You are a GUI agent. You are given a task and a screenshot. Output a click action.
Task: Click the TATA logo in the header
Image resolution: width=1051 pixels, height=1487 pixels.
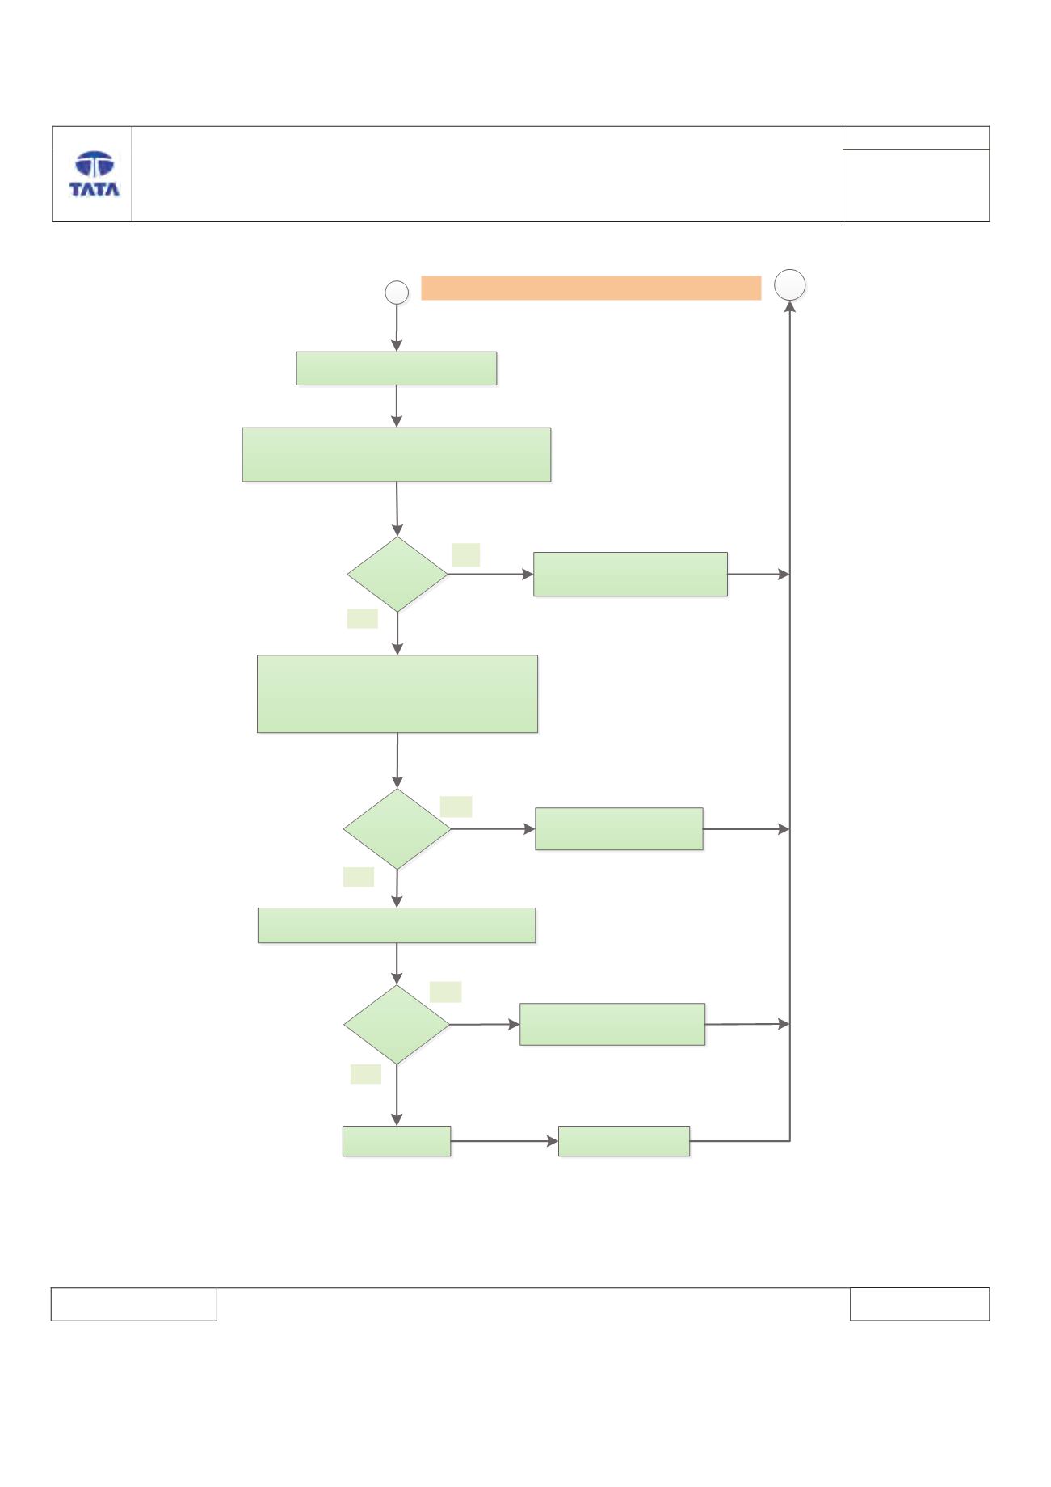[x=95, y=174]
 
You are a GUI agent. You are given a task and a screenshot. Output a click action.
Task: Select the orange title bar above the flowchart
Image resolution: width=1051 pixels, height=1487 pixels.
[x=591, y=288]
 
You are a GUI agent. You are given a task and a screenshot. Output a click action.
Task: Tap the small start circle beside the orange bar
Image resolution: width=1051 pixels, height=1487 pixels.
[x=397, y=293]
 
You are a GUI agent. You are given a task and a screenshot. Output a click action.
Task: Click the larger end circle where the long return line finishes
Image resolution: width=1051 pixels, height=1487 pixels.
[x=790, y=285]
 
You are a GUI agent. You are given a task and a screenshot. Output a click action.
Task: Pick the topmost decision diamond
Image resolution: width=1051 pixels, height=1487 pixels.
[x=397, y=575]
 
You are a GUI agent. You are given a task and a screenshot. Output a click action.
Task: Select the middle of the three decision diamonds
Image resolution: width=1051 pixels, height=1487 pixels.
[x=397, y=829]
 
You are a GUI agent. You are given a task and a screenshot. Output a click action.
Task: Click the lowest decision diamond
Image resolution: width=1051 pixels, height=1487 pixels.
[x=397, y=1025]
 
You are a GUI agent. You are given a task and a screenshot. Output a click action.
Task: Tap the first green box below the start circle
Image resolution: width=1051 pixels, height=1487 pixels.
[x=397, y=369]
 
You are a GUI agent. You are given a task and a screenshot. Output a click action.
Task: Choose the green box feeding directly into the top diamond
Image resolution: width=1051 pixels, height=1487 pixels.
[x=397, y=455]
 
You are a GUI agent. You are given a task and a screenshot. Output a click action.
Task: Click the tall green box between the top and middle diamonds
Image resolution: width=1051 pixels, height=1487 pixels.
[x=397, y=694]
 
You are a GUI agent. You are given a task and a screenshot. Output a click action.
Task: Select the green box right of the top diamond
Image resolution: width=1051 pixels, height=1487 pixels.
[x=631, y=575]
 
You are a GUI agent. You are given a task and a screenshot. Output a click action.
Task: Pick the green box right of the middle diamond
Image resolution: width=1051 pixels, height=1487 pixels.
[x=620, y=829]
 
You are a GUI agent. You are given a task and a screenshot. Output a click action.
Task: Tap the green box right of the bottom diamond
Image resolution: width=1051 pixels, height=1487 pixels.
[x=612, y=1025]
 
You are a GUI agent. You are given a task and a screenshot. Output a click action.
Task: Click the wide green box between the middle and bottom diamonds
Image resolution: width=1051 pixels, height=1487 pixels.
[x=397, y=925]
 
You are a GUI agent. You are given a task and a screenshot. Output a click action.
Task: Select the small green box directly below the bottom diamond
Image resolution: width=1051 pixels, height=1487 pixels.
[x=397, y=1141]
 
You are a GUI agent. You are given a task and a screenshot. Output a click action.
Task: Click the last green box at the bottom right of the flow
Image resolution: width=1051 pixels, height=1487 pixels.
[x=624, y=1141]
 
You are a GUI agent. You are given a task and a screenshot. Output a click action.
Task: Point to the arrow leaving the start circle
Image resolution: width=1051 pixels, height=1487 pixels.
[x=397, y=328]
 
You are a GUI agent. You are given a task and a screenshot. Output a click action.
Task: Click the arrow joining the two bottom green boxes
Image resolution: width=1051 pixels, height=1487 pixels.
[x=505, y=1141]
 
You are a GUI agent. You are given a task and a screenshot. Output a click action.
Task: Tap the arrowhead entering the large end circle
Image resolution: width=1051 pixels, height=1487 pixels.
[x=790, y=307]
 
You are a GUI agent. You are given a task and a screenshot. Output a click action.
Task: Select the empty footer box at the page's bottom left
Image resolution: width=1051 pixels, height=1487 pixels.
[x=134, y=1304]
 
